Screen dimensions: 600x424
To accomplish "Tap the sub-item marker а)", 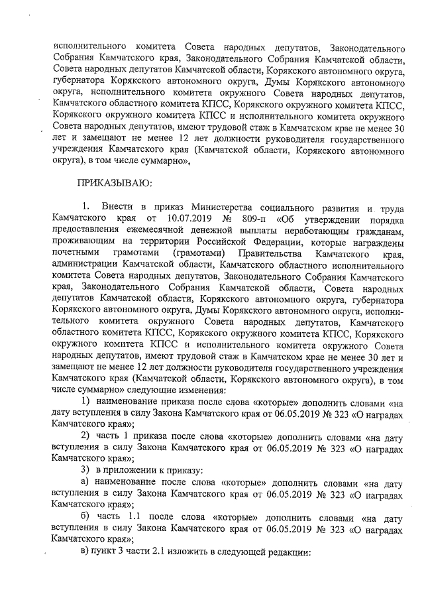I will point(85,482).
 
